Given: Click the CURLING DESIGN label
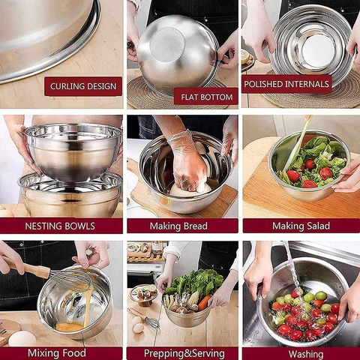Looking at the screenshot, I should click(82, 86).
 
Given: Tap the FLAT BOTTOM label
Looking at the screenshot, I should click(205, 96).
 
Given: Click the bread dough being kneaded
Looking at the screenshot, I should click(187, 187).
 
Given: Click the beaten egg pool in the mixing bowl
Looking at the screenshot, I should click(70, 326).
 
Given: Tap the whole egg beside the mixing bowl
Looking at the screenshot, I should click(22, 338).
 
